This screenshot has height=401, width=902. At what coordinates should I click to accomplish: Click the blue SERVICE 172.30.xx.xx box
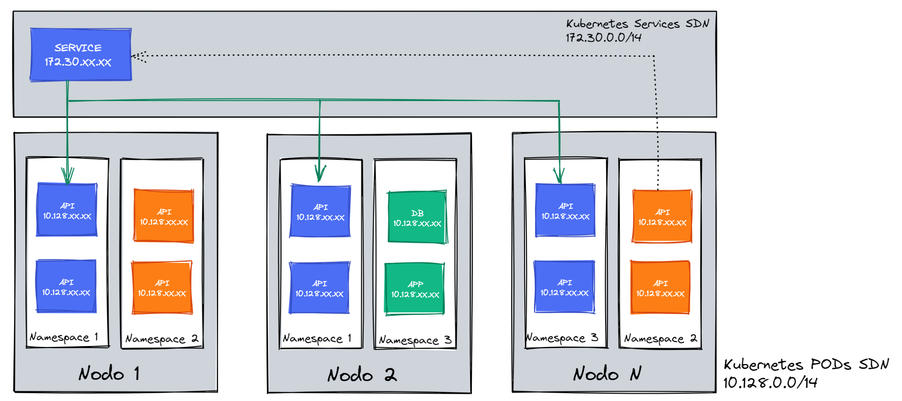(x=80, y=55)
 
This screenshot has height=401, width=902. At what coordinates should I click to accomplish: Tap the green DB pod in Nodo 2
(x=417, y=217)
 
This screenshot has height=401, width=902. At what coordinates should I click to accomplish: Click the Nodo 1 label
(x=109, y=373)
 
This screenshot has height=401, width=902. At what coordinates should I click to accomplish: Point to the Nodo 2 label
(x=362, y=375)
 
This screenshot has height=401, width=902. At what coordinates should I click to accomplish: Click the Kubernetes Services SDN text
(x=637, y=23)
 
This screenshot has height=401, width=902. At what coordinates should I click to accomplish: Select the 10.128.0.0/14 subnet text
(x=770, y=383)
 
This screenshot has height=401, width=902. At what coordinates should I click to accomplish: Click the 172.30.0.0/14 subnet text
(x=604, y=38)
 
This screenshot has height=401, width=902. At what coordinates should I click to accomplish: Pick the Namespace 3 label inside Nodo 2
(x=415, y=340)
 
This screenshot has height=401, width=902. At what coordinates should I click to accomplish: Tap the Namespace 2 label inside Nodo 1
(x=162, y=339)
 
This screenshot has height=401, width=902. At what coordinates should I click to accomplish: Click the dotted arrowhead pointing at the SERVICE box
(x=138, y=56)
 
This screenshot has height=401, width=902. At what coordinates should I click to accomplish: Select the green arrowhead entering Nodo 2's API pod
(x=319, y=173)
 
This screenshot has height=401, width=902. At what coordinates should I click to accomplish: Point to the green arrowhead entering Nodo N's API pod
(x=559, y=175)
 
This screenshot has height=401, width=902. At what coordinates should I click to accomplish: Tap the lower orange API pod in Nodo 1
(x=162, y=288)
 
